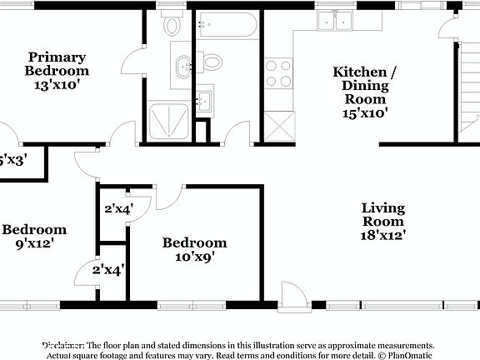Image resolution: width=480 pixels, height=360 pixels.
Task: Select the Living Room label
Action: coord(382,222)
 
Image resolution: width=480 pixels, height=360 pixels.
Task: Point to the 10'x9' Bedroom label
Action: coord(194,250)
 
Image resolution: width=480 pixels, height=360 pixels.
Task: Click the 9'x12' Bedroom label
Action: coord(33,237)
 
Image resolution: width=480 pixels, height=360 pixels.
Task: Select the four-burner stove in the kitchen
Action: coord(278,73)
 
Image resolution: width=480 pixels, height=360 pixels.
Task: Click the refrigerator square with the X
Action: coord(277,125)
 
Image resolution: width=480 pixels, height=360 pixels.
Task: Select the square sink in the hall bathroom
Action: coord(204,102)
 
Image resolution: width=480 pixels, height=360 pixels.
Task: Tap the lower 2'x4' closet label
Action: coord(107,270)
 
